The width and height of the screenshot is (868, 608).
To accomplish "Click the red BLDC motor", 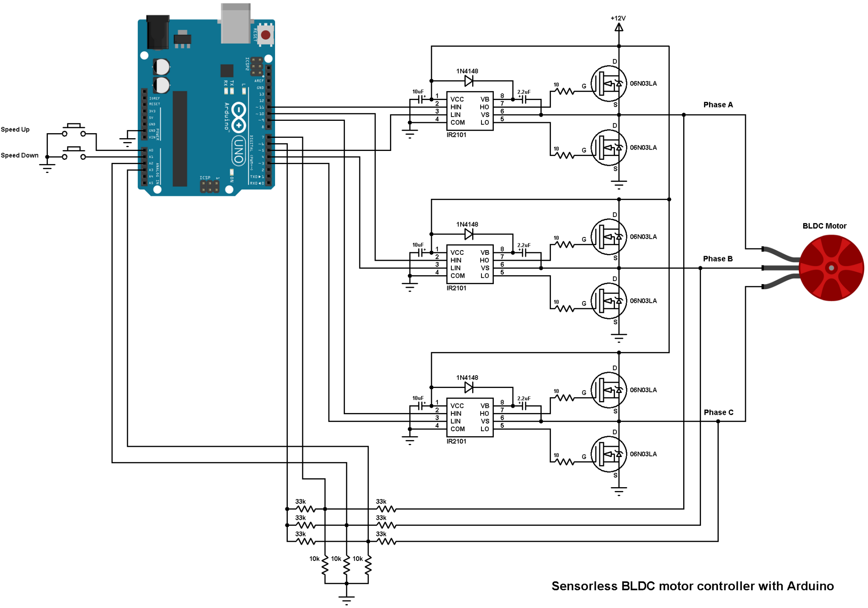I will pos(831,268).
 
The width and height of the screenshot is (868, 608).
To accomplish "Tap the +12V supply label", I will pos(618,18).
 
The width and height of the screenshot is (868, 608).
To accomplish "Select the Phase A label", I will pos(718,105).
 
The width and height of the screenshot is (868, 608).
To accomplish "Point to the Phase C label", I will pos(718,412).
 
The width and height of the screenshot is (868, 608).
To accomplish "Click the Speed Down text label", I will pos(19,155).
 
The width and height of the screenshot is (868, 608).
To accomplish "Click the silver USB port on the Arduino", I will pos(236,23).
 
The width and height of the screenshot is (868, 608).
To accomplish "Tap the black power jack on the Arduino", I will pos(158,32).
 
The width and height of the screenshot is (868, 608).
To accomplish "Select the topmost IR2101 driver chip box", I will pos(470,111).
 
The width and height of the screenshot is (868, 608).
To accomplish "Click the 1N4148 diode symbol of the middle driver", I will pos(469,234).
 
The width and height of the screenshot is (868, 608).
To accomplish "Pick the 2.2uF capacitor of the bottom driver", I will pos(524,406).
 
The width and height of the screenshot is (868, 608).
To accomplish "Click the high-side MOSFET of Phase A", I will pos(608,84).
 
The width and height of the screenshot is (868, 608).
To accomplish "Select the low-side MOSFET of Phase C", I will pos(608,454).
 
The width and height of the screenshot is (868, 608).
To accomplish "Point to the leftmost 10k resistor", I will pos(325,565).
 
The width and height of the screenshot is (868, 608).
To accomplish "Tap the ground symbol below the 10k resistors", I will pos(346,599).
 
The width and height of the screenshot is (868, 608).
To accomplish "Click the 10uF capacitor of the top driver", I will pos(421,99).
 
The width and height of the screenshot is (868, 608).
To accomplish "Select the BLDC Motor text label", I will pos(824,226).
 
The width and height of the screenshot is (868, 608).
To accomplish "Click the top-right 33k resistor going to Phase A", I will pos(386,508).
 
